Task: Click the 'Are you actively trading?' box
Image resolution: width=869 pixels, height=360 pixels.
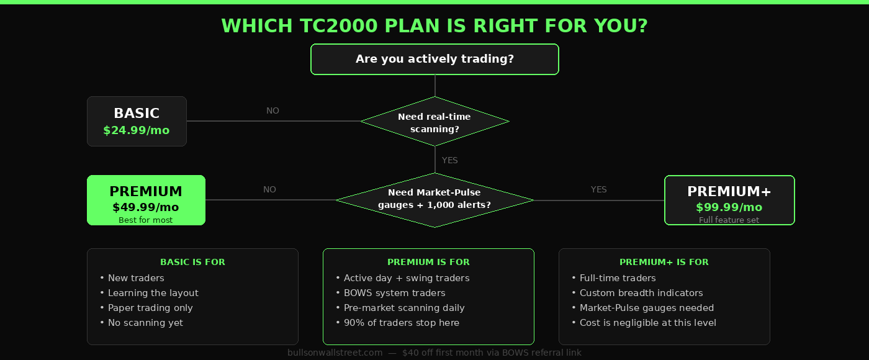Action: pyautogui.click(x=434, y=59)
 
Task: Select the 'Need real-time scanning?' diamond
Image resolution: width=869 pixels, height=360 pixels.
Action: pyautogui.click(x=434, y=122)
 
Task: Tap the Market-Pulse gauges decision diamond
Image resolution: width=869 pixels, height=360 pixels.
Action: pyautogui.click(x=434, y=199)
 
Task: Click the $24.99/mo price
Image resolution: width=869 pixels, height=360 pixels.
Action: pyautogui.click(x=136, y=130)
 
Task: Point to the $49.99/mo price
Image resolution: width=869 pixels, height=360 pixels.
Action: pyautogui.click(x=146, y=207)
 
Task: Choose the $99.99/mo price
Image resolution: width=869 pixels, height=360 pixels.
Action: pyautogui.click(x=729, y=207)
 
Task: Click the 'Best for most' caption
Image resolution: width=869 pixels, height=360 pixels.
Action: pyautogui.click(x=146, y=220)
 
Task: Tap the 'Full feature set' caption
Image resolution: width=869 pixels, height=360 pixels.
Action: pyautogui.click(x=729, y=220)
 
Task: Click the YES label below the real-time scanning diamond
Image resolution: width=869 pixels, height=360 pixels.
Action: pyautogui.click(x=449, y=160)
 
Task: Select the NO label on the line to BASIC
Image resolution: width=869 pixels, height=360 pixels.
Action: pyautogui.click(x=272, y=110)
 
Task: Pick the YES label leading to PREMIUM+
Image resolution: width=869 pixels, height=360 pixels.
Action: pyautogui.click(x=598, y=189)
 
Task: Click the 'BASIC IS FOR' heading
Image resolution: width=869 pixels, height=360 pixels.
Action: pyautogui.click(x=192, y=262)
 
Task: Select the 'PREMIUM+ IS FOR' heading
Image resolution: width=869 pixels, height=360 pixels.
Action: pyautogui.click(x=664, y=262)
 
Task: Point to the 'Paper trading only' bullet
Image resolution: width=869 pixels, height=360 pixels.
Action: pyautogui.click(x=150, y=308)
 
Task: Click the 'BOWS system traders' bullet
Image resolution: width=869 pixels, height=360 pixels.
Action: pyautogui.click(x=394, y=293)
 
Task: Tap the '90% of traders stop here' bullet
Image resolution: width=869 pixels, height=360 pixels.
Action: pyautogui.click(x=401, y=323)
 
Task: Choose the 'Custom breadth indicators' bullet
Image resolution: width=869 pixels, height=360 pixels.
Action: pyautogui.click(x=641, y=293)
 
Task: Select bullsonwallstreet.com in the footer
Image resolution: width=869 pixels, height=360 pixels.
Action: pyautogui.click(x=335, y=353)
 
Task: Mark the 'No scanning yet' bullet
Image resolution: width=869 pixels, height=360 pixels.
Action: pyautogui.click(x=145, y=323)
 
